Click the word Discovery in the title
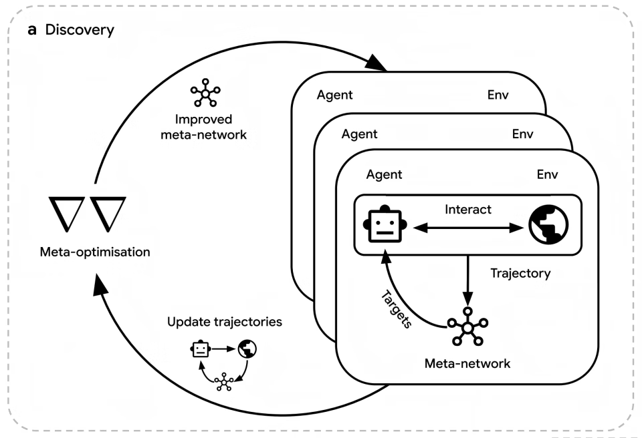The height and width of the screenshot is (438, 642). (x=80, y=31)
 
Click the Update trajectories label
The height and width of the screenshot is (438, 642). (x=225, y=322)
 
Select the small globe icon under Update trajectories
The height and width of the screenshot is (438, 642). (x=247, y=348)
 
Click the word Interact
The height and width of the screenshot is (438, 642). (x=467, y=210)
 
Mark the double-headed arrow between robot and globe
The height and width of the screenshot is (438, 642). (x=468, y=228)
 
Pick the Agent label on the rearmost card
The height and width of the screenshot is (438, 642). (x=334, y=95)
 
